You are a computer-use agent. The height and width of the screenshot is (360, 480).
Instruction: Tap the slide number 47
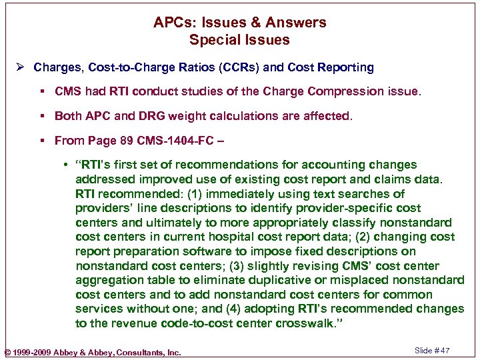click(444, 351)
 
